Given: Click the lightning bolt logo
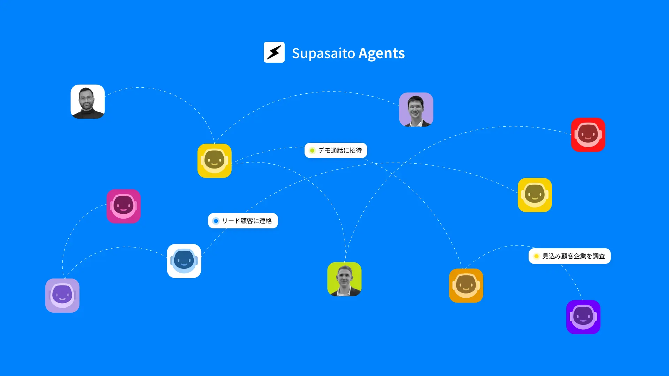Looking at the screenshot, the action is (x=274, y=52).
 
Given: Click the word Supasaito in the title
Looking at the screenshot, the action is (x=323, y=53).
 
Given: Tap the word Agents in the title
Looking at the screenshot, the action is (x=382, y=53).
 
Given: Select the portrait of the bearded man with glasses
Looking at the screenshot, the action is (x=87, y=102).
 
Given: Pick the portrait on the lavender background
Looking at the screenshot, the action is (x=416, y=109).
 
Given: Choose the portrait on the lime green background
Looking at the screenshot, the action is (x=344, y=279).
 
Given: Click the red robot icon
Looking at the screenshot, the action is (x=588, y=135).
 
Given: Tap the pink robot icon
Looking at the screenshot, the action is (x=123, y=206).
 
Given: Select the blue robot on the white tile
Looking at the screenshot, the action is (x=184, y=261).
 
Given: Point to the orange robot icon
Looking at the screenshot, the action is (x=466, y=285).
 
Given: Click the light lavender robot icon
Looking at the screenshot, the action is (x=62, y=296).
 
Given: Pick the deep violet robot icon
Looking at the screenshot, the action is (x=583, y=317).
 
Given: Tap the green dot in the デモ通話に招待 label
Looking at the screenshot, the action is (x=312, y=150).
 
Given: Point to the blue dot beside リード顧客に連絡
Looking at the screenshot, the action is (x=216, y=221).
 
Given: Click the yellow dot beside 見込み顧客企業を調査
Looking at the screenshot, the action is (x=537, y=256).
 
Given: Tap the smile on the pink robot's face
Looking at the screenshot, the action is (x=123, y=211).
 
